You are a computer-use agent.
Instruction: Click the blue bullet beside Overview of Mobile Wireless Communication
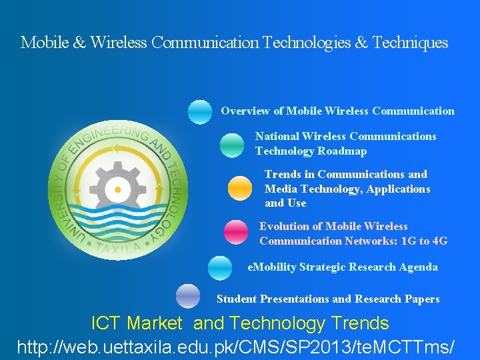pyautogui.click(x=199, y=112)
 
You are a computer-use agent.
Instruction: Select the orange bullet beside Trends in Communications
pyautogui.click(x=240, y=188)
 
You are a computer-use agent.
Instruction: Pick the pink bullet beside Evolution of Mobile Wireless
pyautogui.click(x=235, y=232)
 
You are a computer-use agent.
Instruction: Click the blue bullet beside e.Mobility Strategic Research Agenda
pyautogui.click(x=220, y=268)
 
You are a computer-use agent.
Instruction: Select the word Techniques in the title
pyautogui.click(x=410, y=43)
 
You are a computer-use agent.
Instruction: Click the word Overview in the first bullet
pyautogui.click(x=245, y=111)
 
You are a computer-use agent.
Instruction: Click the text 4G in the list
pyautogui.click(x=439, y=241)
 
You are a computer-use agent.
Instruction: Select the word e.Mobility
pyautogui.click(x=272, y=267)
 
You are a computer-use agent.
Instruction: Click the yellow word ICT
pyautogui.click(x=105, y=324)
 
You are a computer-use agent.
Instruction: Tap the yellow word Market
pyautogui.click(x=154, y=324)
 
